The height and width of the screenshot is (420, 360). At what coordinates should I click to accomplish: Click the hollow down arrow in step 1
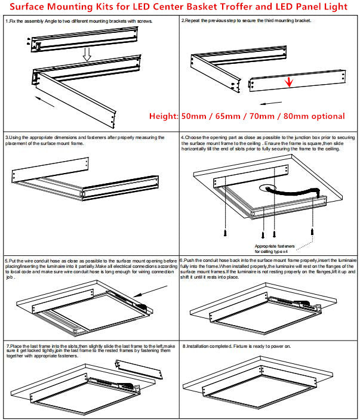[87, 54]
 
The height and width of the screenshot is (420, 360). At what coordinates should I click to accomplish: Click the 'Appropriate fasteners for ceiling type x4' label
[275, 249]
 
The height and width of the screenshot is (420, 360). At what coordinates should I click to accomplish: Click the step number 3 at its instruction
[6, 137]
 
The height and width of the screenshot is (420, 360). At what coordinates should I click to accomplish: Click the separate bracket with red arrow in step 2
[296, 80]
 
